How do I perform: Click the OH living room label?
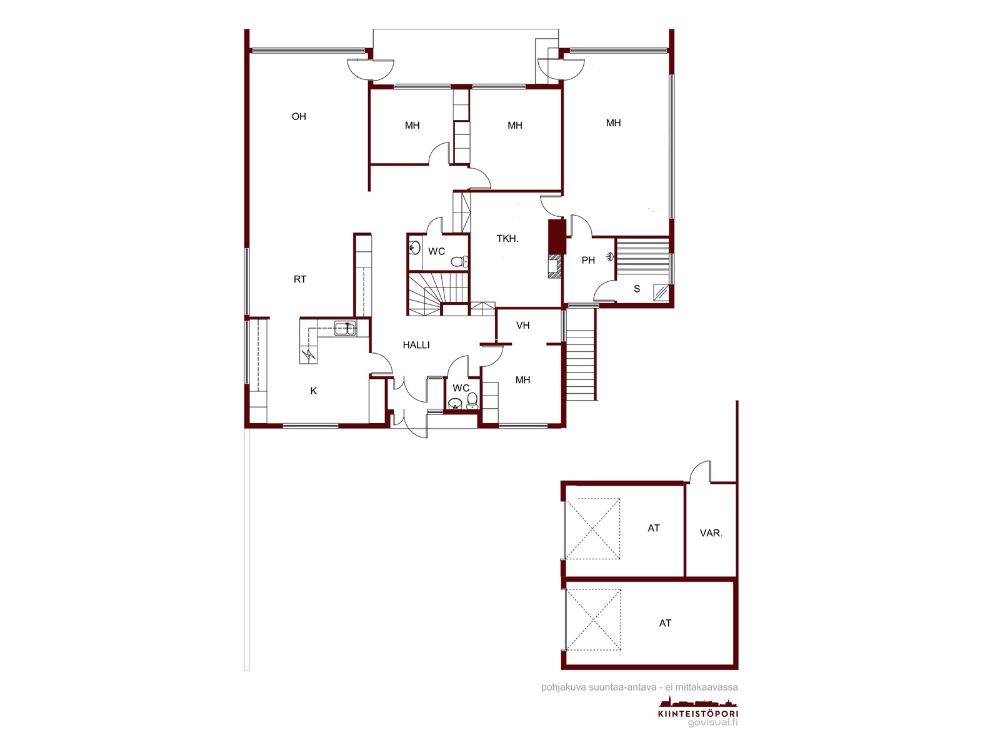(299, 117)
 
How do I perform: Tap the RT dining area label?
(300, 279)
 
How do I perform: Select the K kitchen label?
(314, 391)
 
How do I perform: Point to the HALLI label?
(416, 345)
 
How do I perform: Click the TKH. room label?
(507, 239)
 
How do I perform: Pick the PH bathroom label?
(588, 261)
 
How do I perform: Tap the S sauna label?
(637, 289)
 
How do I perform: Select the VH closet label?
(523, 326)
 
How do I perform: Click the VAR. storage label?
(711, 532)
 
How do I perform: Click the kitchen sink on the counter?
(345, 328)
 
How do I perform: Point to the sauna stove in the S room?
(661, 292)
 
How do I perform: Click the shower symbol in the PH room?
(609, 257)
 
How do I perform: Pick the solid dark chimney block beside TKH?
(557, 237)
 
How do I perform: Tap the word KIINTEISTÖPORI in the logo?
(698, 714)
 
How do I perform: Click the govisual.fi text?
(712, 722)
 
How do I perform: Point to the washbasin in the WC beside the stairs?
(414, 248)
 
